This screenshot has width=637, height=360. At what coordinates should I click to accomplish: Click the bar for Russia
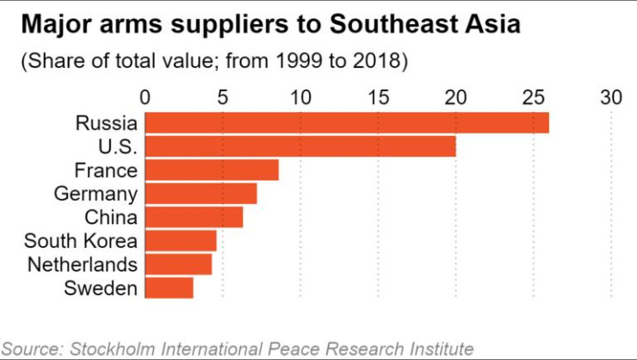[x=347, y=122]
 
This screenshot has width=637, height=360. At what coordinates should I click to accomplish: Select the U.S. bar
[x=300, y=146]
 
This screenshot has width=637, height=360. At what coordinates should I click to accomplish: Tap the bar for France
[x=212, y=170]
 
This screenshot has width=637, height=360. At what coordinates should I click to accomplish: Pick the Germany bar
[x=201, y=194]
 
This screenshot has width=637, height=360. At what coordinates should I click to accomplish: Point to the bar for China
[x=194, y=217]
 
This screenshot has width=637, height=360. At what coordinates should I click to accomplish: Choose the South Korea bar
[x=181, y=240]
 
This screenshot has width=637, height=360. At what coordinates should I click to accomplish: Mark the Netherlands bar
[x=178, y=264]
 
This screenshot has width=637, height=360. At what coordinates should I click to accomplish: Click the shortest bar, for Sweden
[x=169, y=288]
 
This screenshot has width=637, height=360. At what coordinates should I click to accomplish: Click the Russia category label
[x=107, y=123]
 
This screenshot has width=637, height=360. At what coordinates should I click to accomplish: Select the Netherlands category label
[x=83, y=264]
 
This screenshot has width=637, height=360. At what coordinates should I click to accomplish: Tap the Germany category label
[x=96, y=195]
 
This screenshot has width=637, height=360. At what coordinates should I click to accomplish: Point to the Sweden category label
[x=101, y=288]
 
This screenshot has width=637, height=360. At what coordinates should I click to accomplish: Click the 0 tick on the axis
[x=145, y=97]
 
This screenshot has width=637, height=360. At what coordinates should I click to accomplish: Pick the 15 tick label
[x=378, y=97]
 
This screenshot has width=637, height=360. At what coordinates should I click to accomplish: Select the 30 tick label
[x=611, y=97]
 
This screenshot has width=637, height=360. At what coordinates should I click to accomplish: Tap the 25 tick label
[x=534, y=97]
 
